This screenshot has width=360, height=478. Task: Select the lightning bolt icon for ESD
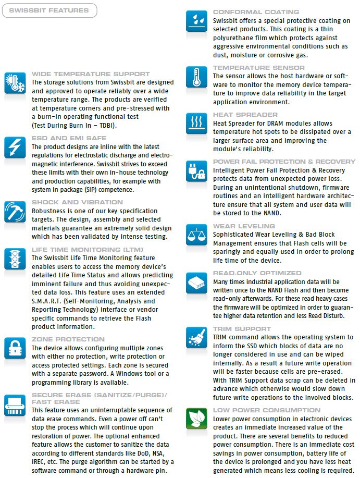(x=15, y=148)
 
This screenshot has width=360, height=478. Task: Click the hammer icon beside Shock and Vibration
(x=15, y=212)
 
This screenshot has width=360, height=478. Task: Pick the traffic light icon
(x=15, y=258)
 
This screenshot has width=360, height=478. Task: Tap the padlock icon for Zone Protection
(x=15, y=348)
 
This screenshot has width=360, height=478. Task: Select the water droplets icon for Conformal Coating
(x=196, y=21)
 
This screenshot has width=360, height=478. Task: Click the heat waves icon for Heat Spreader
(x=196, y=124)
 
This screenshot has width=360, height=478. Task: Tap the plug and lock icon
(x=196, y=170)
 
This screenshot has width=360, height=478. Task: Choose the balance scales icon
(x=196, y=235)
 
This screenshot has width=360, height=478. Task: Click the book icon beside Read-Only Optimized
(x=196, y=282)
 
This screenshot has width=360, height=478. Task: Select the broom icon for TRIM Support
(x=196, y=338)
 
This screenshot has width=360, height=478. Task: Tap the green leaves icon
(x=196, y=419)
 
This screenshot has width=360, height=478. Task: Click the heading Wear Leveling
(x=244, y=226)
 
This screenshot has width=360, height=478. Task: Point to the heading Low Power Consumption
(x=266, y=410)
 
